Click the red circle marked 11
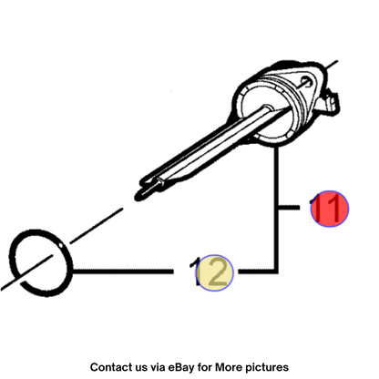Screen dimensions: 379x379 [330, 209]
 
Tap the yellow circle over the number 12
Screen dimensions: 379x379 [214, 272]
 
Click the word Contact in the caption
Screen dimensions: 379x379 [108, 367]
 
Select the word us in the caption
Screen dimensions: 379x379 [139, 368]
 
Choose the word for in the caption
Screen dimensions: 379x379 [205, 367]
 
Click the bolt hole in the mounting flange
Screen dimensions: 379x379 [305, 81]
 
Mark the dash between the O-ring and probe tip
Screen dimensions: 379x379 [97, 226]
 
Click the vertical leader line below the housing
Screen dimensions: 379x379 [276, 210]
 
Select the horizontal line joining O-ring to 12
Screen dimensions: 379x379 [123, 271]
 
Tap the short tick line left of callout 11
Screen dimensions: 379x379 [290, 208]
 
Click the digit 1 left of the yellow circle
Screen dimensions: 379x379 [195, 271]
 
